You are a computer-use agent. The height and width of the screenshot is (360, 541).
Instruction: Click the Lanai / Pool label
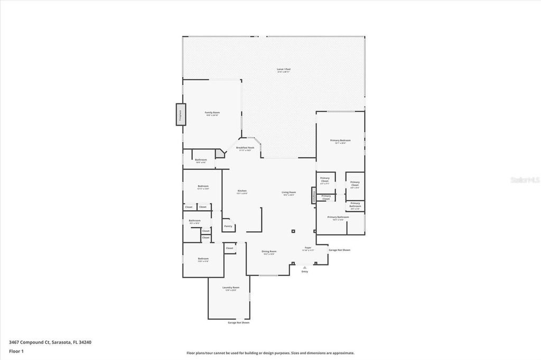(x=284, y=69)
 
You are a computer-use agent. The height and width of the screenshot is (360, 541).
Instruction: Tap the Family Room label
(x=212, y=112)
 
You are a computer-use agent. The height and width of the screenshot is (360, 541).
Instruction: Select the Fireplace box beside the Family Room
(x=180, y=115)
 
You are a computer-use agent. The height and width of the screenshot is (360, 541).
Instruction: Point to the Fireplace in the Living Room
(x=312, y=196)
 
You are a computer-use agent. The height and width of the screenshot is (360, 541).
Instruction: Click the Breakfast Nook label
(x=245, y=148)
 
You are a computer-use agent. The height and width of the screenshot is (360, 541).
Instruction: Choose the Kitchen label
(x=242, y=191)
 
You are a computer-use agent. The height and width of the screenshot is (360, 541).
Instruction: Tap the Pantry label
(x=228, y=226)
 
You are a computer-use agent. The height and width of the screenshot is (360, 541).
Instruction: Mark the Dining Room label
(x=269, y=251)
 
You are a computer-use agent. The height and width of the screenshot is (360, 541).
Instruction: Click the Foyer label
(x=307, y=248)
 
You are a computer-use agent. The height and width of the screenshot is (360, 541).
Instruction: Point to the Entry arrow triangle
(x=304, y=267)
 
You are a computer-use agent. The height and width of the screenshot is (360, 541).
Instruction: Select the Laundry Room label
(x=228, y=288)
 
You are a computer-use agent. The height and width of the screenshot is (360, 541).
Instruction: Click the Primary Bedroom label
(x=340, y=140)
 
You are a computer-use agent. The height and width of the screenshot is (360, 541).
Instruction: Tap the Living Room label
(x=288, y=192)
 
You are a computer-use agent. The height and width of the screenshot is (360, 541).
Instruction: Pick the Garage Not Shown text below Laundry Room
(x=238, y=323)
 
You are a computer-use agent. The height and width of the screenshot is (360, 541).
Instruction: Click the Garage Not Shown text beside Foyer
(x=339, y=250)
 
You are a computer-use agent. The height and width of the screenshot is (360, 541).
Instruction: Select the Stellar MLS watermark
(x=524, y=180)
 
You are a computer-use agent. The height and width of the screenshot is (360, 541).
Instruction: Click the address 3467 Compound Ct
(x=50, y=342)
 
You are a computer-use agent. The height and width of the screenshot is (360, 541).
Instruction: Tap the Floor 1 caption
(x=16, y=350)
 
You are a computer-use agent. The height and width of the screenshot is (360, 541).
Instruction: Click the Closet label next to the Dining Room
(x=229, y=248)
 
